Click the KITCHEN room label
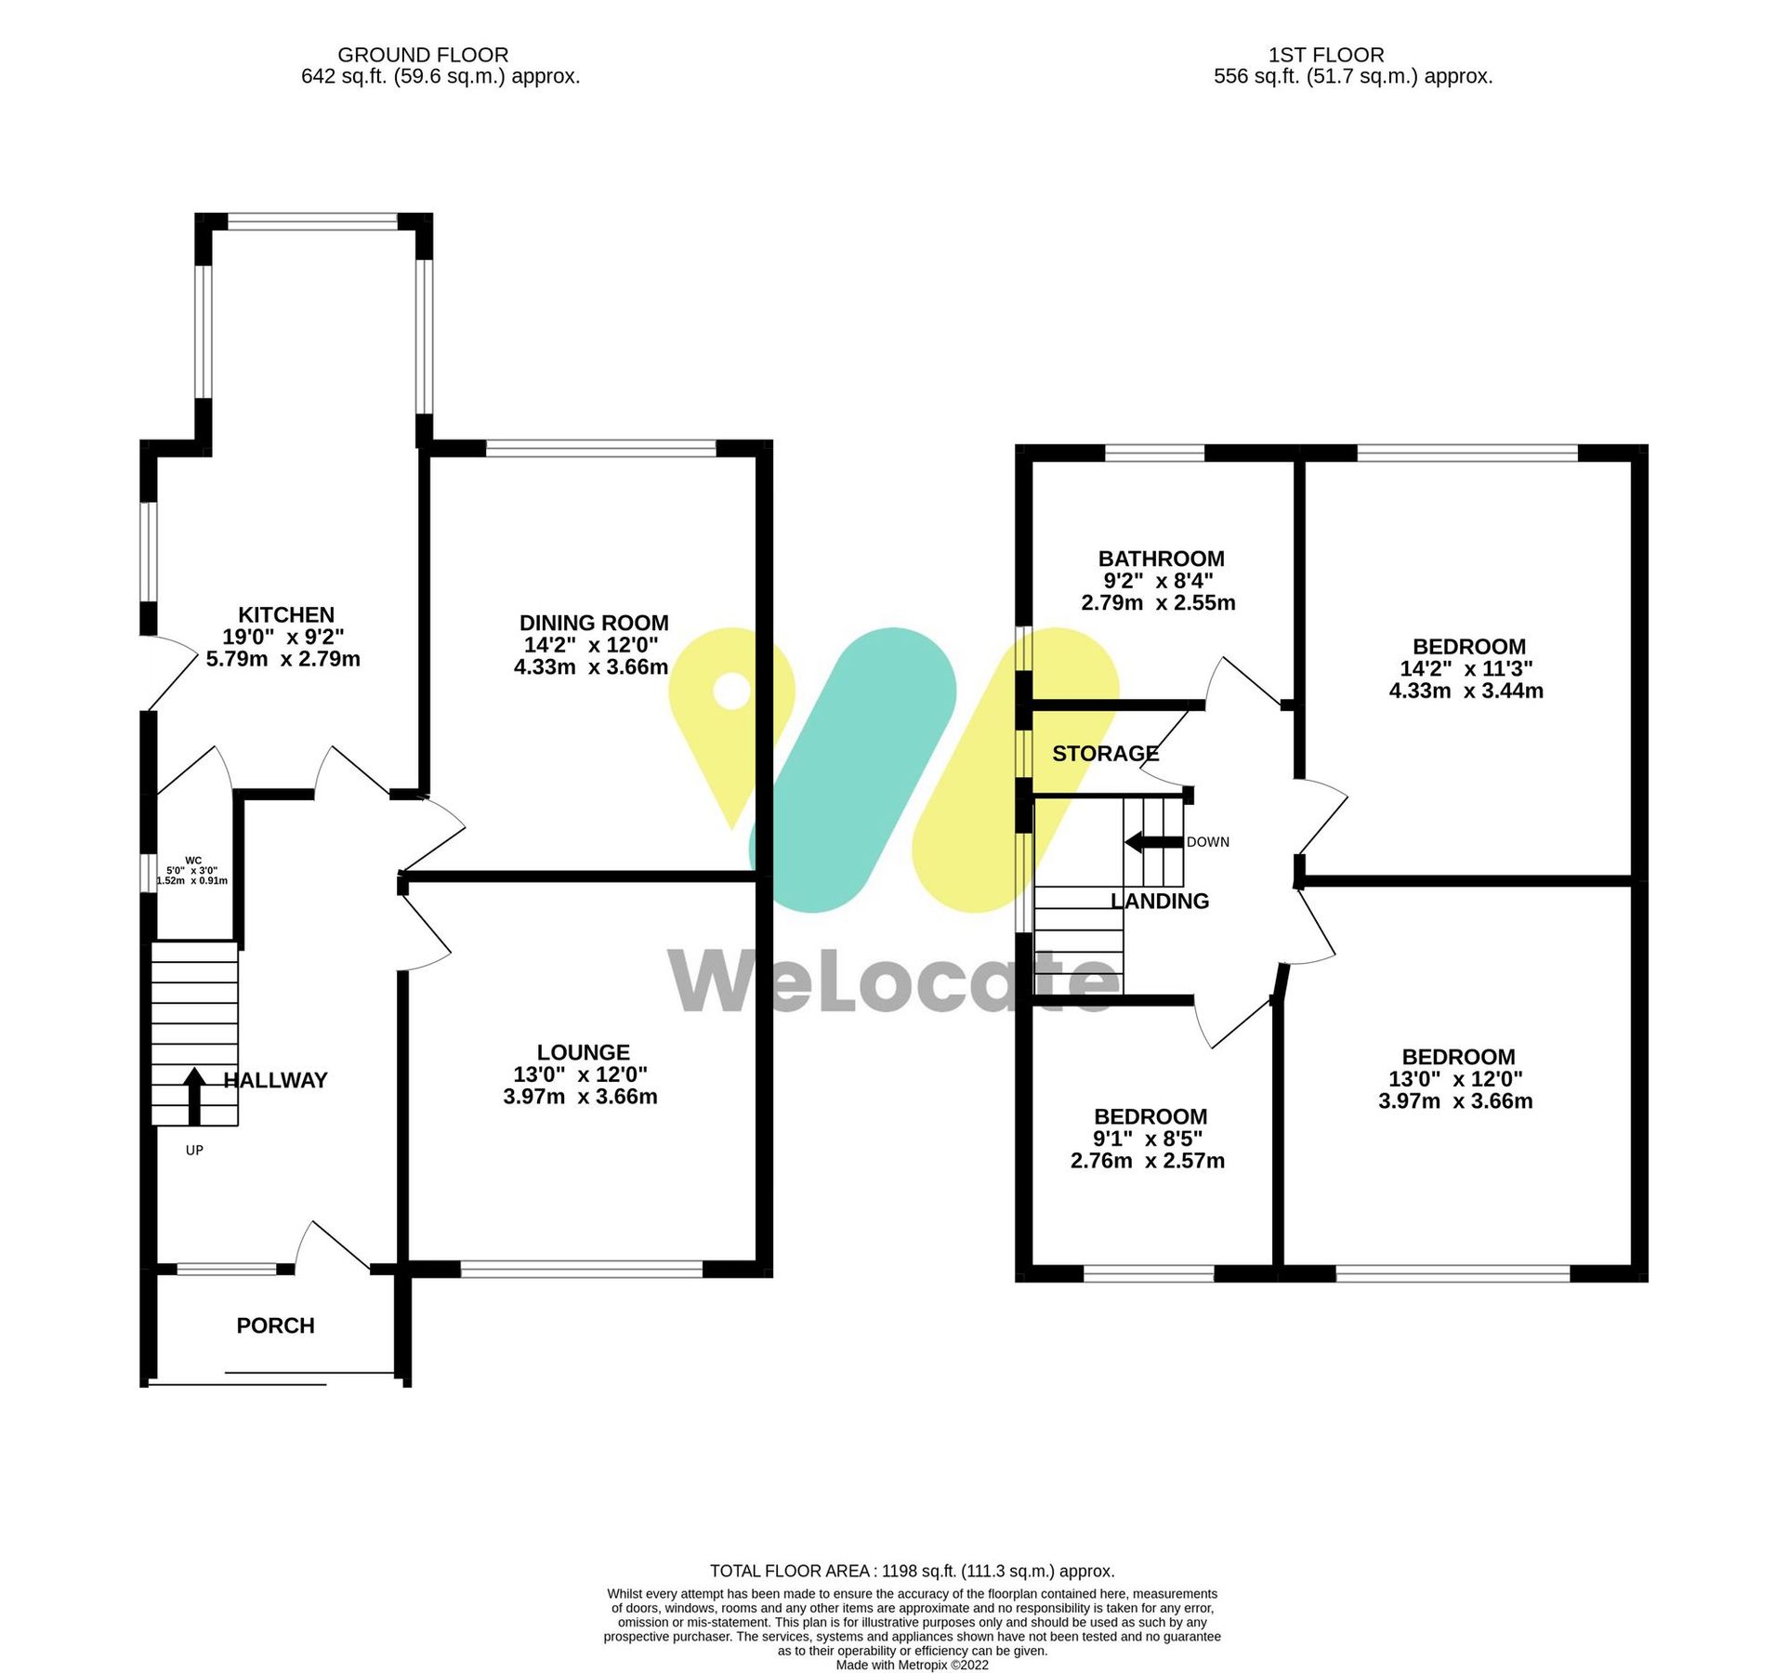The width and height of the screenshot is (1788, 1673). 285,615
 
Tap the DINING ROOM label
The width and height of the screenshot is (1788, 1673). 593,624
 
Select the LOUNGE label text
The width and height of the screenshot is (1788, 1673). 583,1053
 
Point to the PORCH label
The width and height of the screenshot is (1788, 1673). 275,1326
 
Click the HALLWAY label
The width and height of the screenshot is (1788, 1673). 276,1081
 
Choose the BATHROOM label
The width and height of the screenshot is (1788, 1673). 1161,560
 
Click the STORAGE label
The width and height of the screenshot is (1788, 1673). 1105,754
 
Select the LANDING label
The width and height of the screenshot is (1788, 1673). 1160,902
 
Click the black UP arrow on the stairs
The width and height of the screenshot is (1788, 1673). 194,1096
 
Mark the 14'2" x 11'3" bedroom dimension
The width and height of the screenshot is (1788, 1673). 1466,669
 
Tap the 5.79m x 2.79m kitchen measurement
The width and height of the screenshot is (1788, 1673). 283,660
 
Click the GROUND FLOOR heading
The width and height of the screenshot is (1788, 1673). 423,56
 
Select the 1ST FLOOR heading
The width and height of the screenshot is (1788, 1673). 1326,56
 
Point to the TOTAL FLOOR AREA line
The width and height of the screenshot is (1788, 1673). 912,1572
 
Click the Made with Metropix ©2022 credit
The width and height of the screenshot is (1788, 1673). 912,1665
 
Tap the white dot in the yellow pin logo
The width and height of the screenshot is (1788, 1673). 731,692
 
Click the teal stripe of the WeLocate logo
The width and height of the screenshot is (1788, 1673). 853,771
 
